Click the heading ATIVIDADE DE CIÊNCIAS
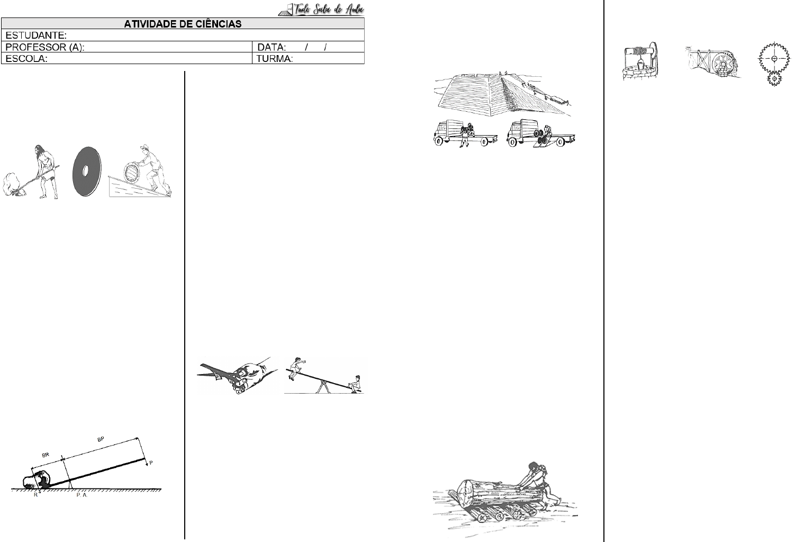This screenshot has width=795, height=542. click(183, 24)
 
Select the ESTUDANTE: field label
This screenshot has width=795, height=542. click(36, 35)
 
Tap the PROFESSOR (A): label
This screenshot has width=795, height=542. click(44, 47)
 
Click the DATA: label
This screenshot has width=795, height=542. click(272, 47)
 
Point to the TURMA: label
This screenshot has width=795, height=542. click(274, 59)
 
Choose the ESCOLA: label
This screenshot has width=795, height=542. click(26, 59)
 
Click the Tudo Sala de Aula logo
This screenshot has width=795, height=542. click(321, 9)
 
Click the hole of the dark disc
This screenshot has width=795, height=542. click(85, 171)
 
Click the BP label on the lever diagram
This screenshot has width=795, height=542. click(101, 439)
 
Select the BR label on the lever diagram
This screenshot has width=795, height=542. click(46, 455)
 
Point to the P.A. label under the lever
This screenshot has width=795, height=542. click(82, 495)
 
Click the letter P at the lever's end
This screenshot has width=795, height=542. click(151, 463)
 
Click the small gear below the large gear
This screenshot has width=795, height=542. click(774, 78)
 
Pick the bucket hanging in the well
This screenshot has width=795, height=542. click(639, 65)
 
